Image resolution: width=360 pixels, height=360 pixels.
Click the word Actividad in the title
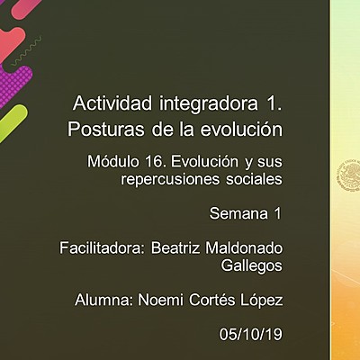106,102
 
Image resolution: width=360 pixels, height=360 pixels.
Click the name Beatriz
181,247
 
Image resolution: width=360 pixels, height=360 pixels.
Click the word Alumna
102,300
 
